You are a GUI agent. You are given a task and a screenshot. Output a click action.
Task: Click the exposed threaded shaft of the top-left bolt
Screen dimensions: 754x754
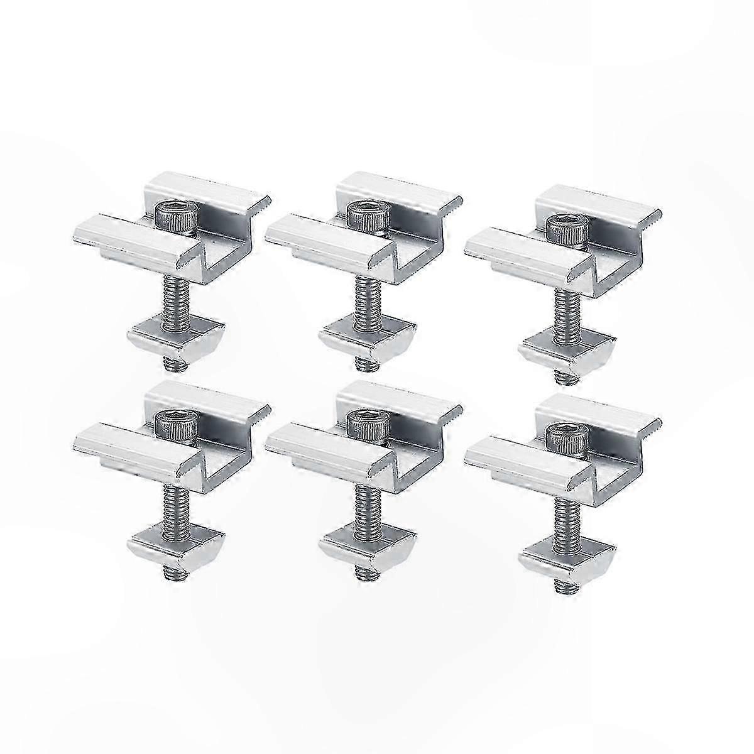[x=173, y=298]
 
